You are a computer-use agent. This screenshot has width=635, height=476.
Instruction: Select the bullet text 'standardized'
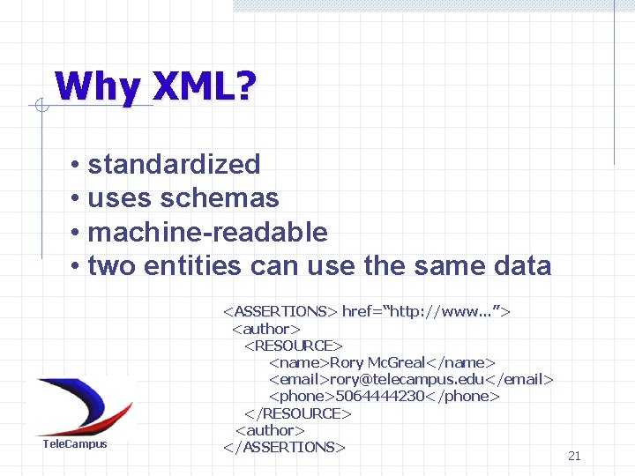point(174,164)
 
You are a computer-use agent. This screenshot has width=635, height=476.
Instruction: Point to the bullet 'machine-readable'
point(207,232)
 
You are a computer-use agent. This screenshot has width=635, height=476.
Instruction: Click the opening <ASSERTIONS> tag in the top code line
point(280,311)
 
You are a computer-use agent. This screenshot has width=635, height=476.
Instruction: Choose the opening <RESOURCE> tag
point(294,346)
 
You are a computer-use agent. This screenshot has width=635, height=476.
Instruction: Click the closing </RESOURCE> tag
point(298,413)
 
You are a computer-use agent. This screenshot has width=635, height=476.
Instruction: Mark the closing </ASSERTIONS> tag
point(284,447)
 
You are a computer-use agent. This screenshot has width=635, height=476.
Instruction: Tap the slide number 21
point(574,456)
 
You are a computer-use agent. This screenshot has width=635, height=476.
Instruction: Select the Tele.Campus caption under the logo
point(75,444)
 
